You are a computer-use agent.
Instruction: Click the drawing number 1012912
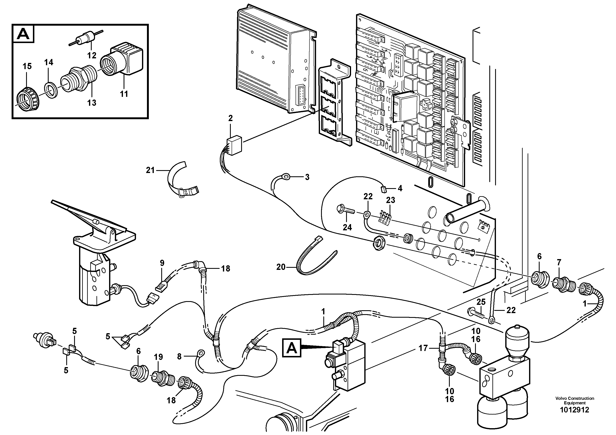coord(574,417)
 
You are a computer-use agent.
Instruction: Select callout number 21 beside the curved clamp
coord(150,170)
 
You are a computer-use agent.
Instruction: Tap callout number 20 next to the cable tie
coord(281,267)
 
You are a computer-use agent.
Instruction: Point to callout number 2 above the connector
coord(230,118)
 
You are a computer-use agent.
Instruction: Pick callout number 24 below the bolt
coord(347,227)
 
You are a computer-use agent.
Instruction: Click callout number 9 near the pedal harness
coord(162,263)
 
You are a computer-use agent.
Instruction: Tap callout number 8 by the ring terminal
coord(179,356)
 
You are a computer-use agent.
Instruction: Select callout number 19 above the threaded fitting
coord(158,357)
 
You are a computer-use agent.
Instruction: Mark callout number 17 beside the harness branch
coord(423,348)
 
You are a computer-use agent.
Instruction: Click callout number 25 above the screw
coord(481,302)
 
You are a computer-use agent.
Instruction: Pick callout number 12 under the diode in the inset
coord(92,55)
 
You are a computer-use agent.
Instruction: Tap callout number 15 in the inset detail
coord(27,66)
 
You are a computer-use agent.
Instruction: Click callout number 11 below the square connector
coord(124,94)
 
